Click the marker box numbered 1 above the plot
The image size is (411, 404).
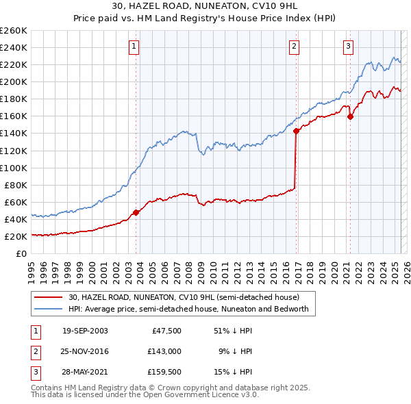[134, 47]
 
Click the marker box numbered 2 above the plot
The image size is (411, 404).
[294, 47]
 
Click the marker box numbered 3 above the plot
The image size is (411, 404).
[348, 47]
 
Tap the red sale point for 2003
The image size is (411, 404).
[136, 212]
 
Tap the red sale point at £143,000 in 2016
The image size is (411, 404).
[296, 131]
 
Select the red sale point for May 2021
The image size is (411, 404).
[350, 116]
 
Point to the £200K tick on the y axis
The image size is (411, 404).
[14, 81]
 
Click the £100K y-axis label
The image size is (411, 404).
[14, 168]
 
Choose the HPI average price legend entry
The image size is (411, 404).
[188, 309]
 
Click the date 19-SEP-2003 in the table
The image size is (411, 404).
[85, 331]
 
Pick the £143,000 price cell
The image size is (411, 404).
[165, 351]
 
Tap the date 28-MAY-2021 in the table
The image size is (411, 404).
[85, 372]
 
